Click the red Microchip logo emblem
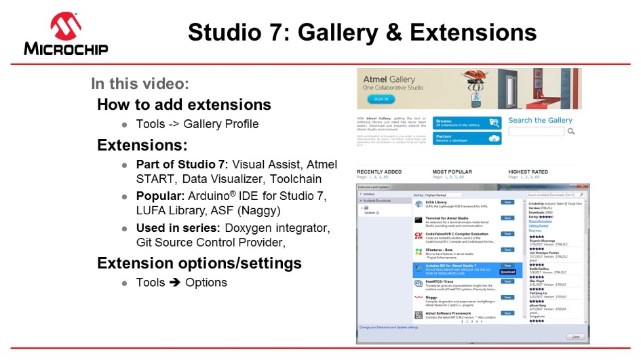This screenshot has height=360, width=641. pyautogui.click(x=66, y=26)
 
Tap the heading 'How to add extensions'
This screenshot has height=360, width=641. pyautogui.click(x=184, y=104)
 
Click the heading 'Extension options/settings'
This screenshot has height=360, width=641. pyautogui.click(x=199, y=262)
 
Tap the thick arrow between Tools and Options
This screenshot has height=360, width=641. pyautogui.click(x=174, y=283)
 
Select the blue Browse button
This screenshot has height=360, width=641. pyautogui.click(x=467, y=123)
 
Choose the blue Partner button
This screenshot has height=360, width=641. pyautogui.click(x=467, y=138)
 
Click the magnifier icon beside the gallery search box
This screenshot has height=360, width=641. pyautogui.click(x=571, y=132)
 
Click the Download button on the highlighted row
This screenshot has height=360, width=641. pyautogui.click(x=507, y=272)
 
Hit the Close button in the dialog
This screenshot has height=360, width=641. pyautogui.click(x=575, y=336)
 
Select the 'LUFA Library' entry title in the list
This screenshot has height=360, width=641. pyautogui.click(x=437, y=201)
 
